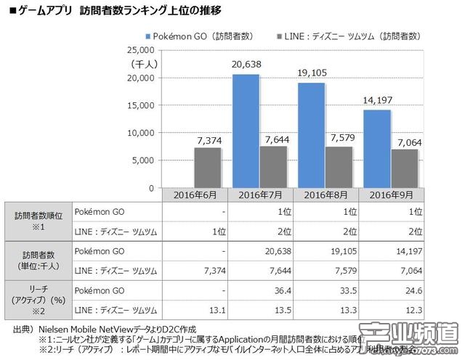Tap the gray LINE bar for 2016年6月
(208, 168)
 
